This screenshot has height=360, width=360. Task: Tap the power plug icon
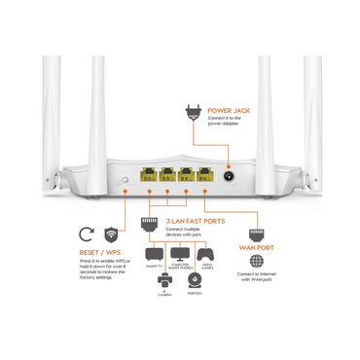tap(193, 115)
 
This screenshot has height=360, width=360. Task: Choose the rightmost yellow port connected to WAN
tap(205, 178)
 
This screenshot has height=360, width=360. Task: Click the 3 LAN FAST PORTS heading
tap(195, 221)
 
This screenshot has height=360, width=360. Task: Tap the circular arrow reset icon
tap(87, 234)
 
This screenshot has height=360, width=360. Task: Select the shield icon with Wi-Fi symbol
tap(113, 234)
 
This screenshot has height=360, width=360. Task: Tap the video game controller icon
tap(205, 255)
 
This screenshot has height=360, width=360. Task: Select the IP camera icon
tap(164, 280)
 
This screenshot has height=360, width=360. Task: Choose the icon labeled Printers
tap(195, 280)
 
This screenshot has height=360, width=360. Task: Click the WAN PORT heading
tap(256, 248)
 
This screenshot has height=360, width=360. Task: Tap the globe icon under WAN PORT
tap(256, 262)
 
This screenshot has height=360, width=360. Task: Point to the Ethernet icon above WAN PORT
tap(256, 234)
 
